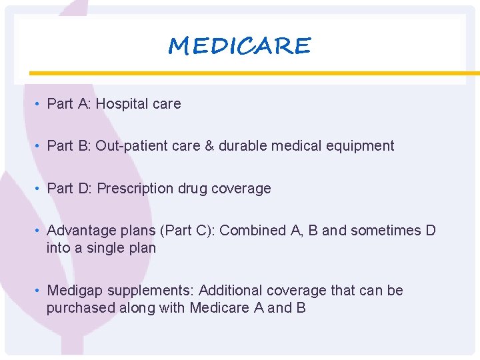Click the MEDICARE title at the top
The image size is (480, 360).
(239, 46)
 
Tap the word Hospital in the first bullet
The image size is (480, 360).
(121, 104)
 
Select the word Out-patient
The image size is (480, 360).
(127, 146)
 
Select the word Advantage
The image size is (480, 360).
(77, 231)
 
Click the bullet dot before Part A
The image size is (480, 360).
(39, 105)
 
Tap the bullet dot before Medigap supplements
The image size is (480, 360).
(39, 291)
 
